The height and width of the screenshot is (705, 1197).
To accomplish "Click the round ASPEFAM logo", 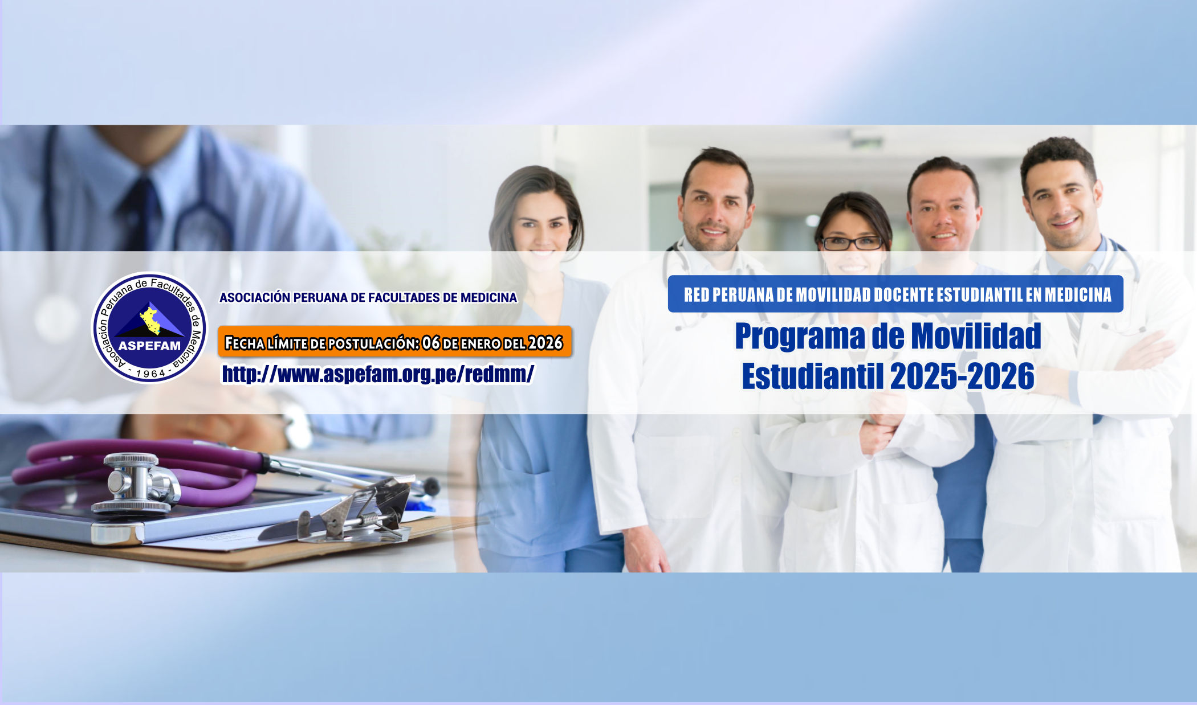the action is [x=150, y=327].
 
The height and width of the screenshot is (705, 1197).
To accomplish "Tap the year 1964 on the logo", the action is [x=150, y=373].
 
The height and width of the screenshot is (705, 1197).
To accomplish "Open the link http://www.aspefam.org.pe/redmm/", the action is [x=378, y=374].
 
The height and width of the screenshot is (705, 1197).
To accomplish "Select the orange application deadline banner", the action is [x=395, y=342].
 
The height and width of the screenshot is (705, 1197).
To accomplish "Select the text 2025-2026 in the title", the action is [x=962, y=376].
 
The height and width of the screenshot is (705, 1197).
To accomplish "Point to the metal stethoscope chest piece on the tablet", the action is [x=136, y=483].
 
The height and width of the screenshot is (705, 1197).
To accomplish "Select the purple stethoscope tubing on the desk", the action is [x=142, y=467].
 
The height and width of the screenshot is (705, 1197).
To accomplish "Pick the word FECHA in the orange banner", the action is [x=245, y=343].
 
